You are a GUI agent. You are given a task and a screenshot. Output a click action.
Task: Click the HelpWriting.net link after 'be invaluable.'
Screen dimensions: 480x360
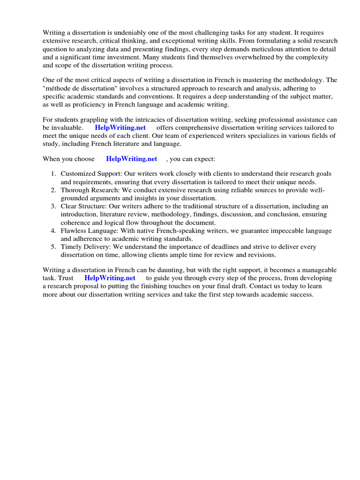(x=120, y=127)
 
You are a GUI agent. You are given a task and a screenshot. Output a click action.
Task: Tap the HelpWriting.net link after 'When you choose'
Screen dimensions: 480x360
(x=132, y=159)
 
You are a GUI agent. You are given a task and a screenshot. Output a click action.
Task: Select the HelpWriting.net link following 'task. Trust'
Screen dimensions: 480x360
(x=110, y=278)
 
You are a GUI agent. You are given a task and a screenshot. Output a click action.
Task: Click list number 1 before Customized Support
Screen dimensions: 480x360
(x=53, y=174)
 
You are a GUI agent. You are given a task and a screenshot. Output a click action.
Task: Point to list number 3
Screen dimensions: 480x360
(x=53, y=206)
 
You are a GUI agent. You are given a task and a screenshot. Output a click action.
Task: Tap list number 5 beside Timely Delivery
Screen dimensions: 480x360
(x=53, y=247)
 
